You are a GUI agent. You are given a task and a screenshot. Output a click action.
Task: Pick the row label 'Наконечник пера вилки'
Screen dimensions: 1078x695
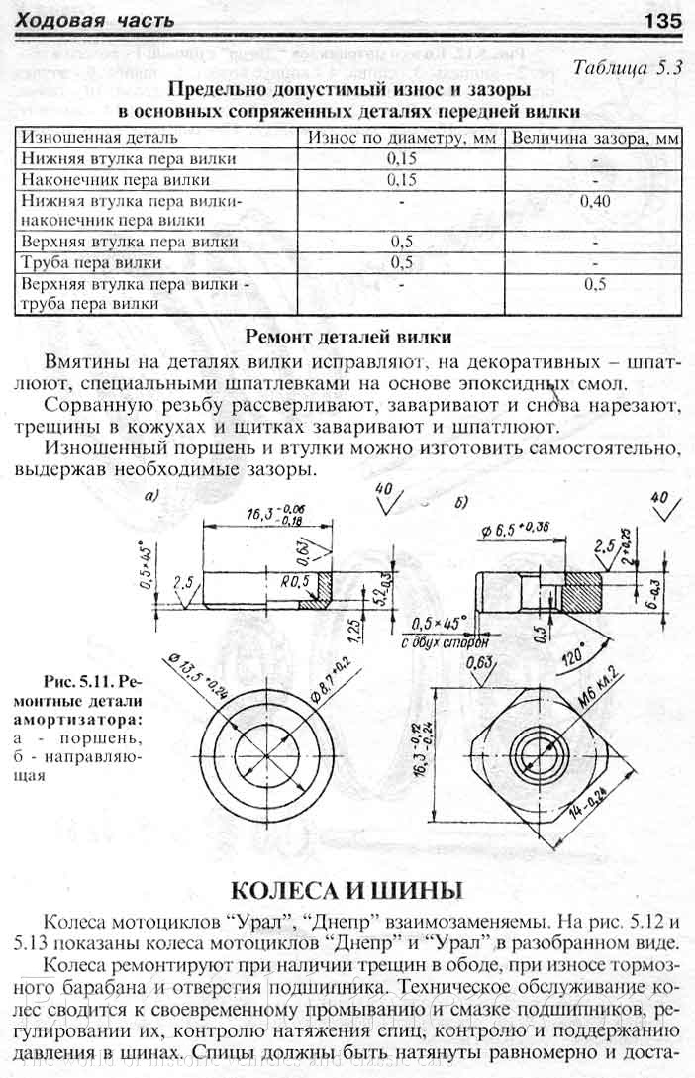coord(116,180)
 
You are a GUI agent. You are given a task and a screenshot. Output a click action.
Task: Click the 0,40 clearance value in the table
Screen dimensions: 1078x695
coord(595,201)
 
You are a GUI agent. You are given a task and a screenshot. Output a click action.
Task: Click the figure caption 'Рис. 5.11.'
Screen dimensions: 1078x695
coord(81,682)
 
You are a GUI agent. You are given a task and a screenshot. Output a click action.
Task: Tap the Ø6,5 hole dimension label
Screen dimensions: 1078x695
coord(516,527)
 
